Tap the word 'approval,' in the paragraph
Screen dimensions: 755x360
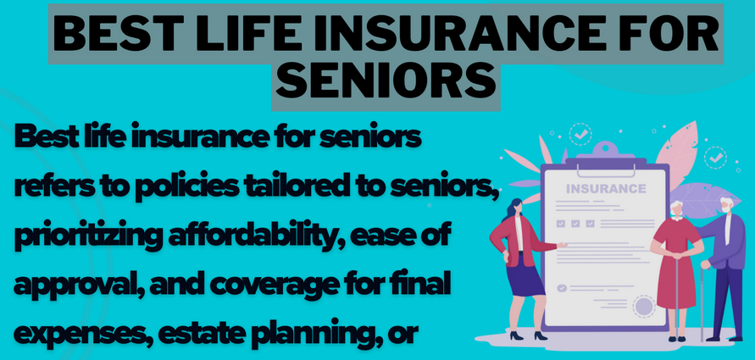pyautogui.click(x=77, y=286)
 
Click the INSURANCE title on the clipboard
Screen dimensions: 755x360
pyautogui.click(x=606, y=188)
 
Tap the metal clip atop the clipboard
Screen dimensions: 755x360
pyautogui.click(x=605, y=153)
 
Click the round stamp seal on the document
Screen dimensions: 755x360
pyautogui.click(x=644, y=305)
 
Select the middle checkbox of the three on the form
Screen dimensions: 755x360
pyautogui.click(x=575, y=224)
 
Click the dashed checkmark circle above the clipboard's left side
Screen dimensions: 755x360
pyautogui.click(x=580, y=135)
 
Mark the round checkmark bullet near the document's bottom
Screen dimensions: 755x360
pyautogui.click(x=562, y=288)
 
